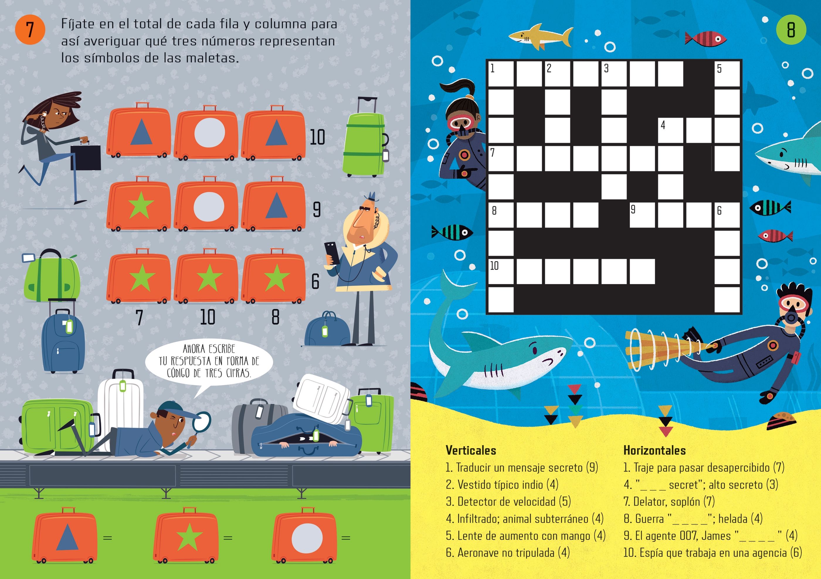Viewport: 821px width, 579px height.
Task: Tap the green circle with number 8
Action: [x=791, y=30]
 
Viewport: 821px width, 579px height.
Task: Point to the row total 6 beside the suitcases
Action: [x=315, y=281]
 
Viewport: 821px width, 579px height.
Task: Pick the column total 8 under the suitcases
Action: [x=275, y=317]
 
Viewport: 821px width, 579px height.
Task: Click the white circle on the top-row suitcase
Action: [x=210, y=133]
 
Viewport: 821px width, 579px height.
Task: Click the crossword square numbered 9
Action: [x=642, y=215]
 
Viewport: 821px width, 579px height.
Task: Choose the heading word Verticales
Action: [x=471, y=450]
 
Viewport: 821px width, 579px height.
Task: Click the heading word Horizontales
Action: [x=654, y=450]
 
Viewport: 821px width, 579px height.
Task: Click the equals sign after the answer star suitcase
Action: [x=228, y=538]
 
